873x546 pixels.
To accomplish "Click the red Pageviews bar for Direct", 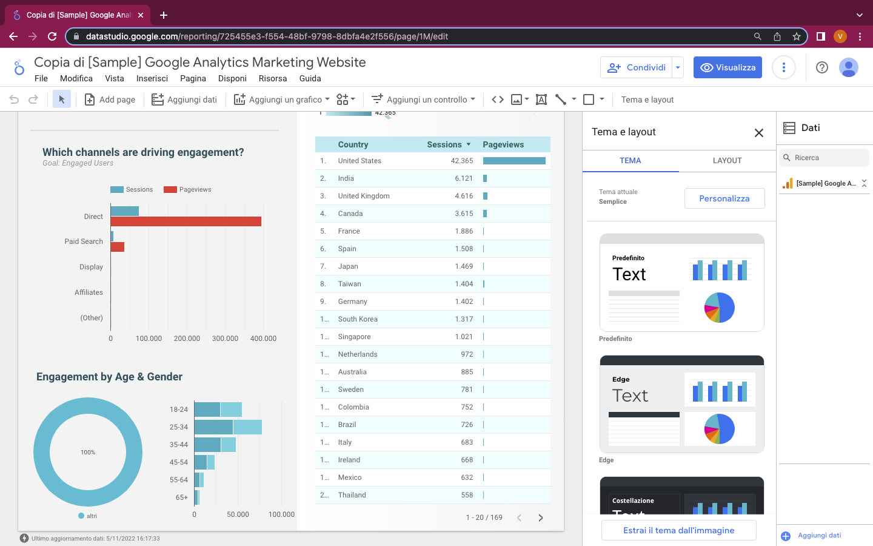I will (x=186, y=221).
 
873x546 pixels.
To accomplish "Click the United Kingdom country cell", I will (x=364, y=196).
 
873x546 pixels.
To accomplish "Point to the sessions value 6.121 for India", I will (x=463, y=178).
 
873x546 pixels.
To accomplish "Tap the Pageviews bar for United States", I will (x=514, y=161).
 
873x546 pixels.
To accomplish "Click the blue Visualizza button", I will (x=727, y=67).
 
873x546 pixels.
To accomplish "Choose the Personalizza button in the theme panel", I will (x=724, y=198).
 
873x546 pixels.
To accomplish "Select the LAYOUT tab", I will (x=727, y=161).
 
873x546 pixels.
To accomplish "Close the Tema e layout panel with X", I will (x=758, y=133).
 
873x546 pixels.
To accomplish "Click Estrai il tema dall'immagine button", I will (x=678, y=530).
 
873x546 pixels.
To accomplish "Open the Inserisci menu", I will (x=152, y=78).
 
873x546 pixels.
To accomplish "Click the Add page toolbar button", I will (x=110, y=99).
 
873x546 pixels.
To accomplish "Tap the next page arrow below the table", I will (x=540, y=517).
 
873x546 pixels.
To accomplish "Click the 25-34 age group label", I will (x=179, y=427).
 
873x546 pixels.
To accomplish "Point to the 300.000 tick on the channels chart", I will (x=225, y=339).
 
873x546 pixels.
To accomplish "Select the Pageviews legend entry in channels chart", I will (x=188, y=189).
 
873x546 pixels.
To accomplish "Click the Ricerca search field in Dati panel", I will (x=824, y=158).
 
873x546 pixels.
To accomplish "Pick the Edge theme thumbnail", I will (x=681, y=404).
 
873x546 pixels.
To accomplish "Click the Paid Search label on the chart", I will (x=84, y=241).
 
